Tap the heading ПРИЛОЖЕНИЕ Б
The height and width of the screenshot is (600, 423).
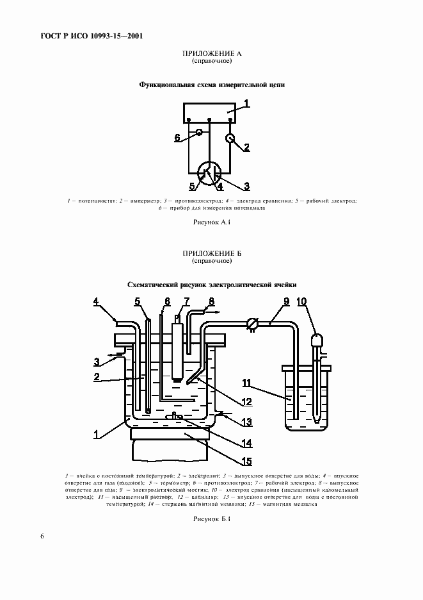click(211, 254)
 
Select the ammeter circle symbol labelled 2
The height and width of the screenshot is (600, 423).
click(230, 138)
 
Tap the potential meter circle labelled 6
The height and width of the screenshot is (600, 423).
click(199, 133)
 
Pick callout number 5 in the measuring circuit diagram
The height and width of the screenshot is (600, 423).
click(191, 187)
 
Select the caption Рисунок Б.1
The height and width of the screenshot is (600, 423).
click(211, 519)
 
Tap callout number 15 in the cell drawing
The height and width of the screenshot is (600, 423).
click(246, 460)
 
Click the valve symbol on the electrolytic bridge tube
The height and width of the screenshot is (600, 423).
click(252, 324)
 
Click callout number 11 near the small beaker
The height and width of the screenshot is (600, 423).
click(246, 383)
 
